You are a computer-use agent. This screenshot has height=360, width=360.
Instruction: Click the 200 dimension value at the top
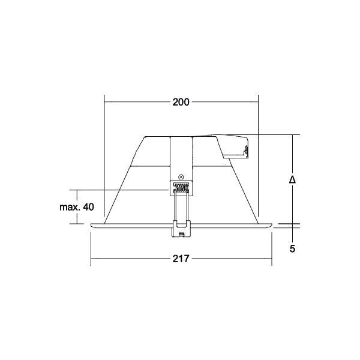pyautogui.click(x=181, y=102)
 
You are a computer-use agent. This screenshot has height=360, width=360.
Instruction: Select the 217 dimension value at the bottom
pyautogui.click(x=181, y=259)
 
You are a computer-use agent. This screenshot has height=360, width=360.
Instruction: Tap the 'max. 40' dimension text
pyautogui.click(x=76, y=207)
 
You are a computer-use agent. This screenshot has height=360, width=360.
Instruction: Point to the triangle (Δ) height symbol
pyautogui.click(x=292, y=179)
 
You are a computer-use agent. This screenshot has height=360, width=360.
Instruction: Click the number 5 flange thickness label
pyautogui.click(x=292, y=248)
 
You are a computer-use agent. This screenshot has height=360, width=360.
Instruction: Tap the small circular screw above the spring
pyautogui.click(x=181, y=177)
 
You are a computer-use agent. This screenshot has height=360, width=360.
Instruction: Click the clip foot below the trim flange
pyautogui.click(x=181, y=229)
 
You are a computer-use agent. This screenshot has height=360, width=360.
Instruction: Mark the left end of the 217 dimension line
pyautogui.click(x=91, y=259)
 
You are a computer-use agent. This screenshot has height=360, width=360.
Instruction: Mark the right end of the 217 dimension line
pyautogui.click(x=272, y=259)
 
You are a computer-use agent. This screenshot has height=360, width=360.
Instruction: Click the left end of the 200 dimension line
pyautogui.click(x=104, y=102)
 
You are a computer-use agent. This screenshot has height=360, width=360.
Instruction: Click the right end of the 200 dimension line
pyautogui.click(x=258, y=102)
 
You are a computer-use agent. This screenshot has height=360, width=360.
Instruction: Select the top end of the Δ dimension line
pyautogui.click(x=292, y=135)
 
